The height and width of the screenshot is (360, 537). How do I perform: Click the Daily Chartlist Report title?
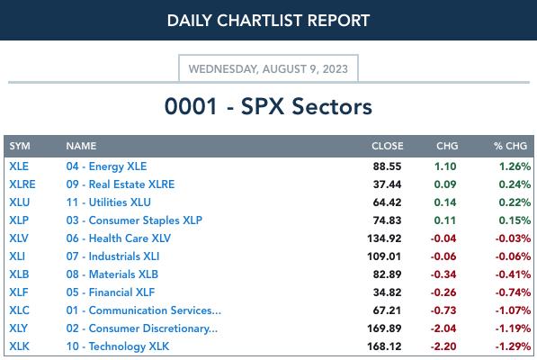coord(268,21)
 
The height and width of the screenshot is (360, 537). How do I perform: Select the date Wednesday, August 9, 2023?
coord(268,68)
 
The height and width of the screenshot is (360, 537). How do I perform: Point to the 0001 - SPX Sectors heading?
coord(268,106)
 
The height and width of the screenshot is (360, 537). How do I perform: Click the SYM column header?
coord(20,146)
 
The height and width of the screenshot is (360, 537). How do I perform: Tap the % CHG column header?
coord(510,146)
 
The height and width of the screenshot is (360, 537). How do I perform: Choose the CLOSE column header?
coord(388,146)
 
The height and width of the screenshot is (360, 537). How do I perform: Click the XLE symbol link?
coord(19,166)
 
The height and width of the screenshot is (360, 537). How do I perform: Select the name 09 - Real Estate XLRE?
coord(121,184)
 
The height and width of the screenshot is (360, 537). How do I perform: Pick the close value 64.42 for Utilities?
coord(387,202)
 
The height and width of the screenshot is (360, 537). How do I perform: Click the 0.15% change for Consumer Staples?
coord(515,220)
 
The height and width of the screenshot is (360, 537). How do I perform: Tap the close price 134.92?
coord(384,238)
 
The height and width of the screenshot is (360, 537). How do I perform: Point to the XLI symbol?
coord(17,256)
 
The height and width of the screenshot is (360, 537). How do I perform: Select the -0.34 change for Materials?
coord(443,274)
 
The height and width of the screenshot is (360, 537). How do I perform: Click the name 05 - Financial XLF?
coord(111,292)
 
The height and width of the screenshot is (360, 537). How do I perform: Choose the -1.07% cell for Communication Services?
coord(513,310)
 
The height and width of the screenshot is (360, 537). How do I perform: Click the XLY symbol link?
coord(18,328)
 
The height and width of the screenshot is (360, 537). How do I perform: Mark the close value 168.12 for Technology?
coord(384,346)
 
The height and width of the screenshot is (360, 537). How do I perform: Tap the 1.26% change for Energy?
coord(515,166)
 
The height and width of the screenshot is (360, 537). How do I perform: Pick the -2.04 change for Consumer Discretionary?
coord(443,328)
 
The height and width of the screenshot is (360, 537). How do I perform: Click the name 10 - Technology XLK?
coord(118,346)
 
